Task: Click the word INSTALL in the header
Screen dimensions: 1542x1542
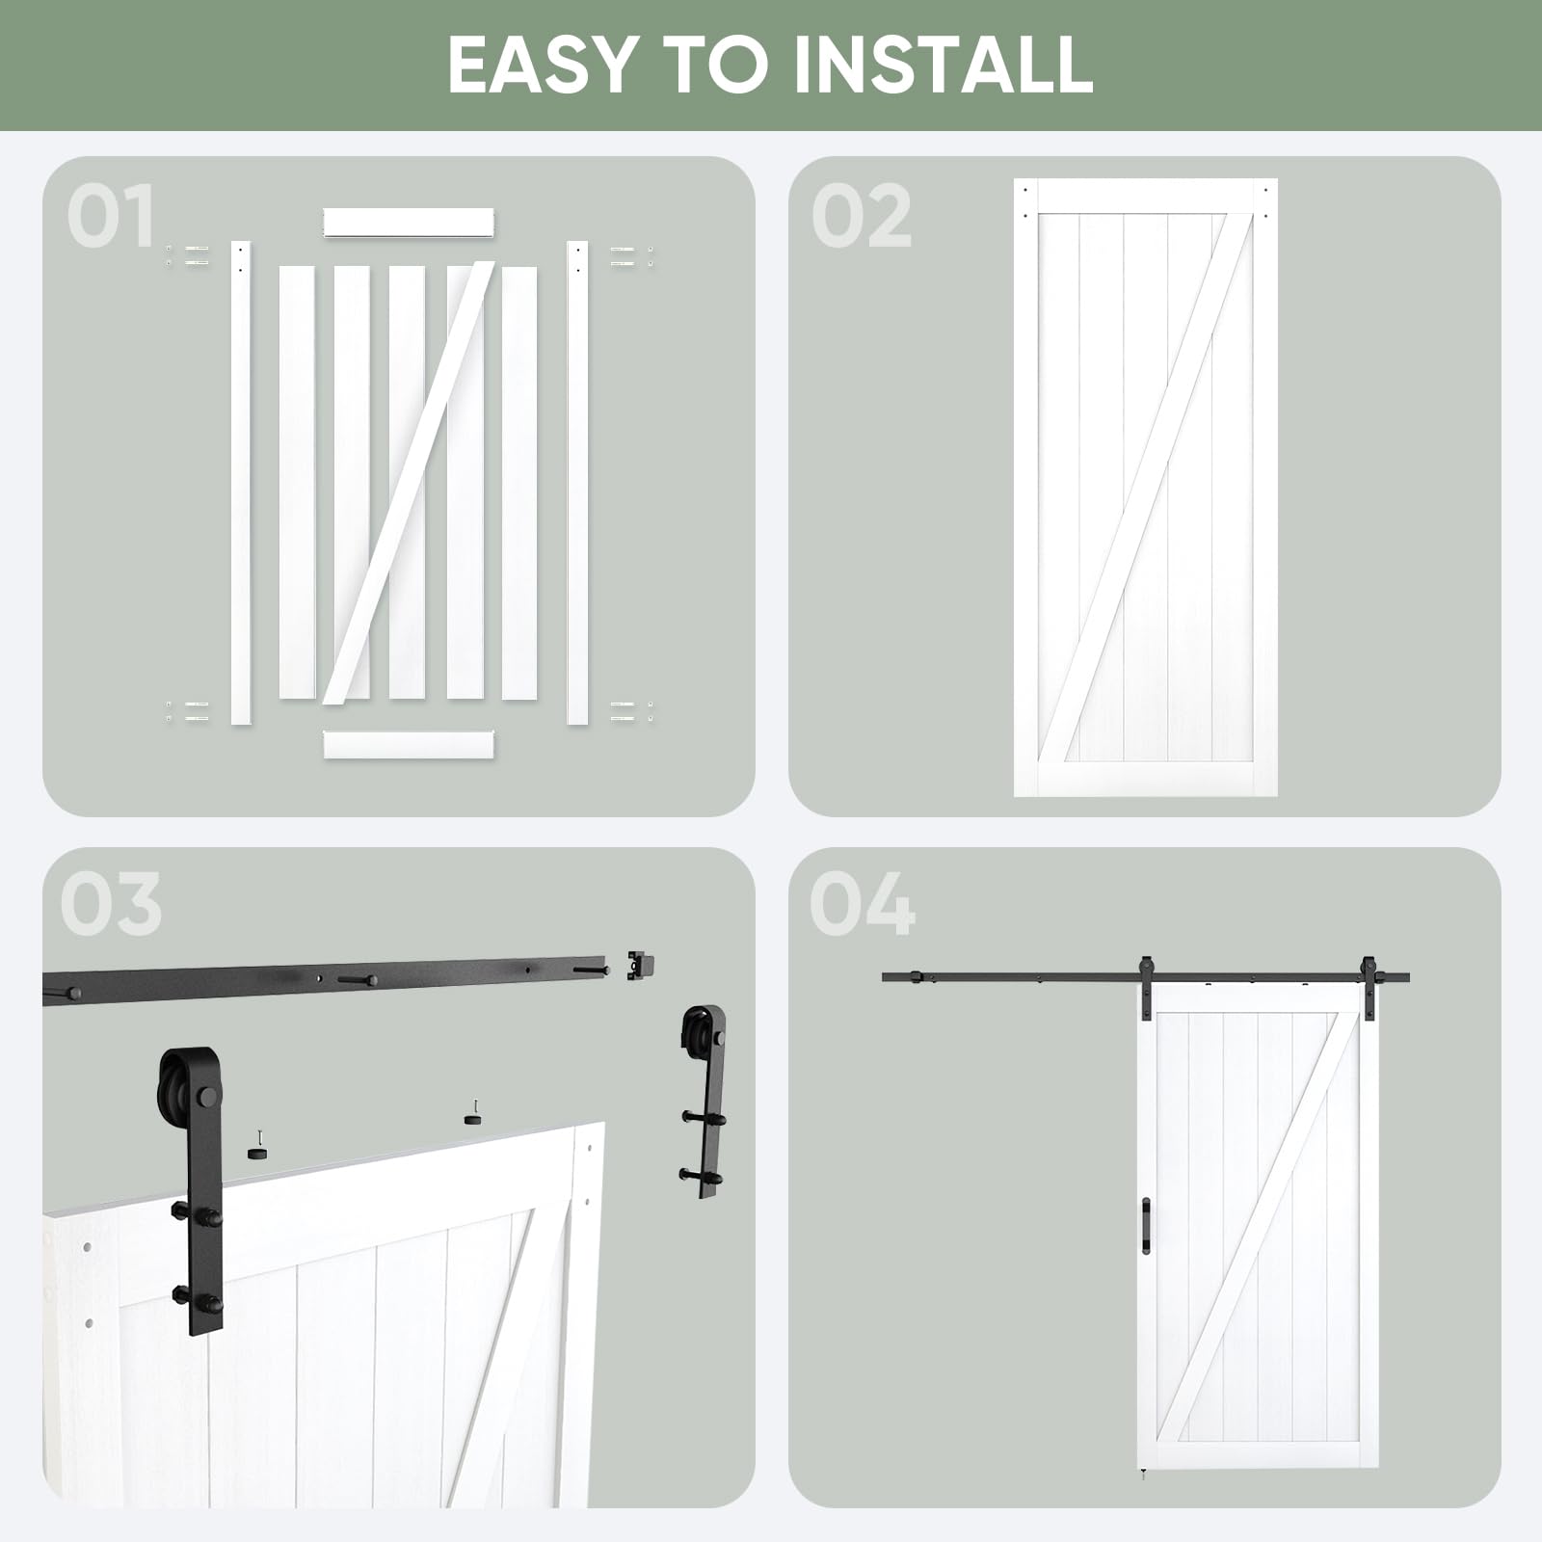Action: [943, 65]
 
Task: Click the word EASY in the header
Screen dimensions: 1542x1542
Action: [541, 65]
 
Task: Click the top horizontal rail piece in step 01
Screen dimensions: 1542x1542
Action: [409, 223]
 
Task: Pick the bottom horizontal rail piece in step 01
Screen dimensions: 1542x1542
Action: [409, 744]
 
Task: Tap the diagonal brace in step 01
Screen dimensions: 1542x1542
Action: [410, 482]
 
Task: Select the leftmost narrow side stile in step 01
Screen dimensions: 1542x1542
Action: [240, 482]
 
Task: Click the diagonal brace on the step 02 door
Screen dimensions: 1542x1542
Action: [1145, 487]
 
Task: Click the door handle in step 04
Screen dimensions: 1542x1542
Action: [1146, 1226]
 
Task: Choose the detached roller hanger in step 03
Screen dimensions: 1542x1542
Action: [708, 1099]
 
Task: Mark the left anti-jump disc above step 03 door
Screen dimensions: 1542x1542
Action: [257, 1149]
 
